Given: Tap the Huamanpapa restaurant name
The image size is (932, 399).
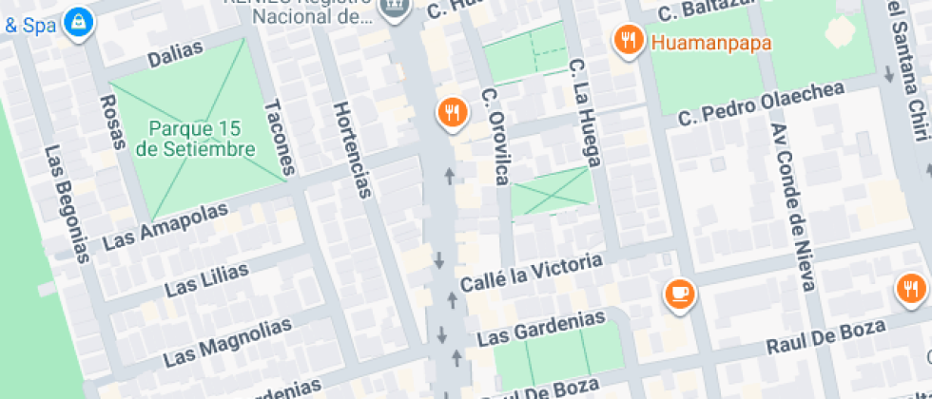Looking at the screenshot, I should pos(710,42).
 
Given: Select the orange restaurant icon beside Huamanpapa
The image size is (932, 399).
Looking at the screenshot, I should pos(626,40).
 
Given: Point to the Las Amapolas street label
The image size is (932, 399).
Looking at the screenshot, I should pos(165,225).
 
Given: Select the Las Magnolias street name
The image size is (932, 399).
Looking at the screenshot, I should pos(227,342).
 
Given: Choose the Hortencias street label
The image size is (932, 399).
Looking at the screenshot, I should pos(350,151).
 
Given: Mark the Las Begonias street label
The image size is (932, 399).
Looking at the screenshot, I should pos(67,203).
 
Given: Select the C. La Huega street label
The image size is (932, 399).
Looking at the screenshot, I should pos(583,111).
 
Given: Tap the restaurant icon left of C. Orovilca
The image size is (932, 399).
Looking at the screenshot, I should pos(453,113).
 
